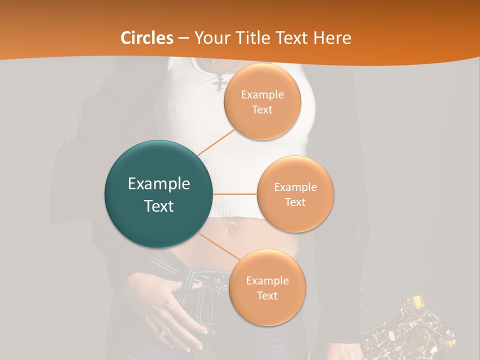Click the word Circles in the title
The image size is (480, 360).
(147, 38)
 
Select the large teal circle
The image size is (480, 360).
(158, 194)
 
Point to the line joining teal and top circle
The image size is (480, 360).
(215, 142)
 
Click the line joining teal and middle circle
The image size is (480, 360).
(235, 194)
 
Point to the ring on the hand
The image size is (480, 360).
(164, 331)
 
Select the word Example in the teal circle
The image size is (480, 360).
(158, 184)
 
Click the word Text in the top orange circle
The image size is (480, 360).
(262, 110)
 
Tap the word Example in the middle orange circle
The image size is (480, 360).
(295, 187)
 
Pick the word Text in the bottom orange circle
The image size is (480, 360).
(267, 296)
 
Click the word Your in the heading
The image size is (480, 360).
(211, 38)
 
